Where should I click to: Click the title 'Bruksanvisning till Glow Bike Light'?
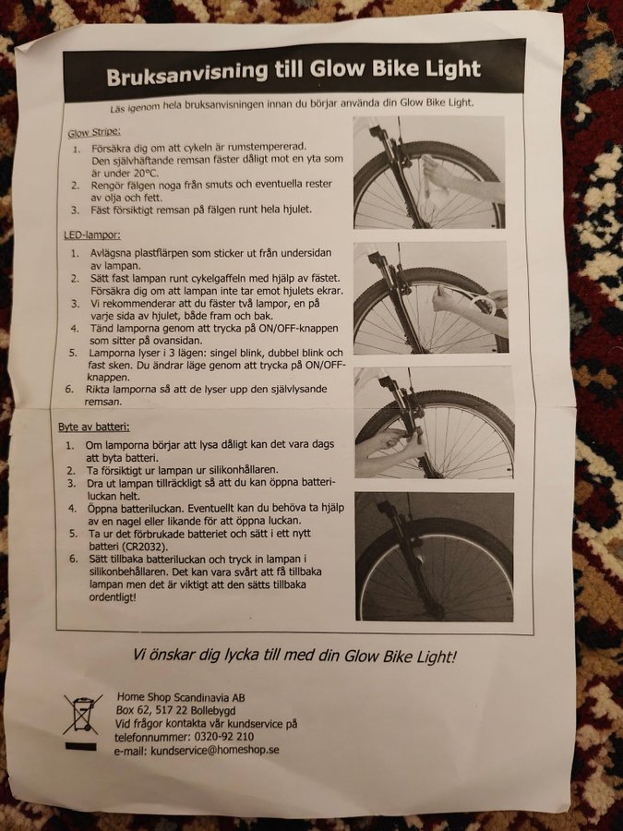[294, 72]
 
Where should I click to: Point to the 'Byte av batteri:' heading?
[94, 427]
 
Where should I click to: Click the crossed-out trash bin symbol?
[82, 715]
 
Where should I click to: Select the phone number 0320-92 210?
[223, 737]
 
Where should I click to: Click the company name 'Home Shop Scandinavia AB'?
[181, 697]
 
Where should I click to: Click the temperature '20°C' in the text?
[145, 173]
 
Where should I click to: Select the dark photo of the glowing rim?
[435, 557]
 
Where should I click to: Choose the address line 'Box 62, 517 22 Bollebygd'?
[176, 710]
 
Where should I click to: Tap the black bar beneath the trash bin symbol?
[80, 746]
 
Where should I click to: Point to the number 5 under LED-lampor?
[73, 353]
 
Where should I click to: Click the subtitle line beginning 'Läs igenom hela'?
[292, 104]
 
